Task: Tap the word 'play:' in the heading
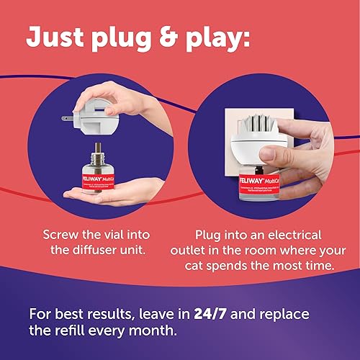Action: (x=276, y=39)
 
